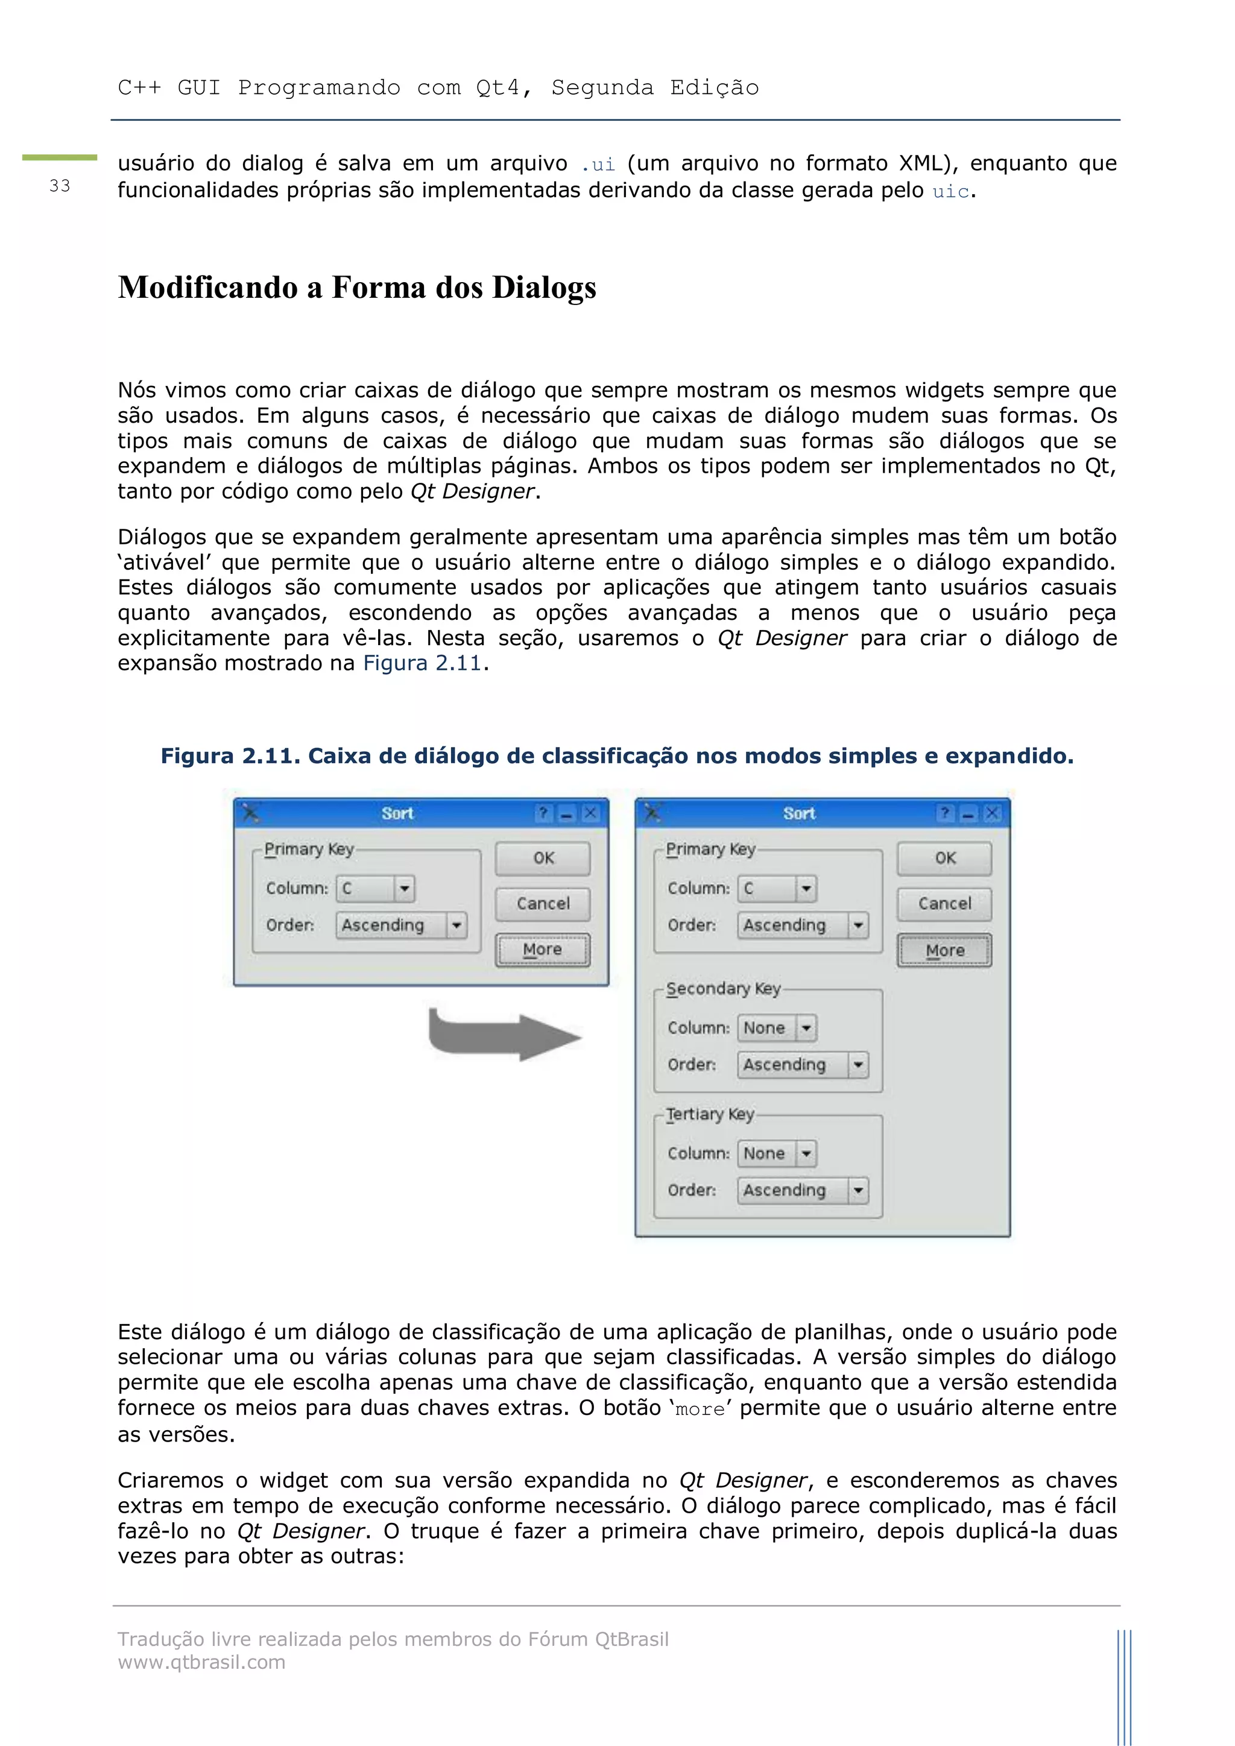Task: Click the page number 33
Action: tap(59, 186)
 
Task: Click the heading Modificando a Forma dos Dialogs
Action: tap(356, 288)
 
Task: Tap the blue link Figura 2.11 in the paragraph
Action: tap(422, 663)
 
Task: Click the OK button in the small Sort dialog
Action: tap(542, 858)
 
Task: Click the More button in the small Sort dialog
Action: tap(542, 950)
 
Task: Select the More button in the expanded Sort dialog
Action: tap(944, 951)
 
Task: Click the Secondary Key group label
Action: tap(722, 989)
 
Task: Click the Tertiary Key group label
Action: tap(710, 1114)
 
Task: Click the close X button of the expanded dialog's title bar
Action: tap(991, 814)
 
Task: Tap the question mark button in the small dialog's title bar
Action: tap(543, 814)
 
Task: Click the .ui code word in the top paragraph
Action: tap(597, 164)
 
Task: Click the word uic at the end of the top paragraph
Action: tap(950, 191)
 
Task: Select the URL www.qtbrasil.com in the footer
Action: tap(201, 1662)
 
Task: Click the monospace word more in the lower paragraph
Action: tap(700, 1409)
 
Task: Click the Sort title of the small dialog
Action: tap(397, 814)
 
